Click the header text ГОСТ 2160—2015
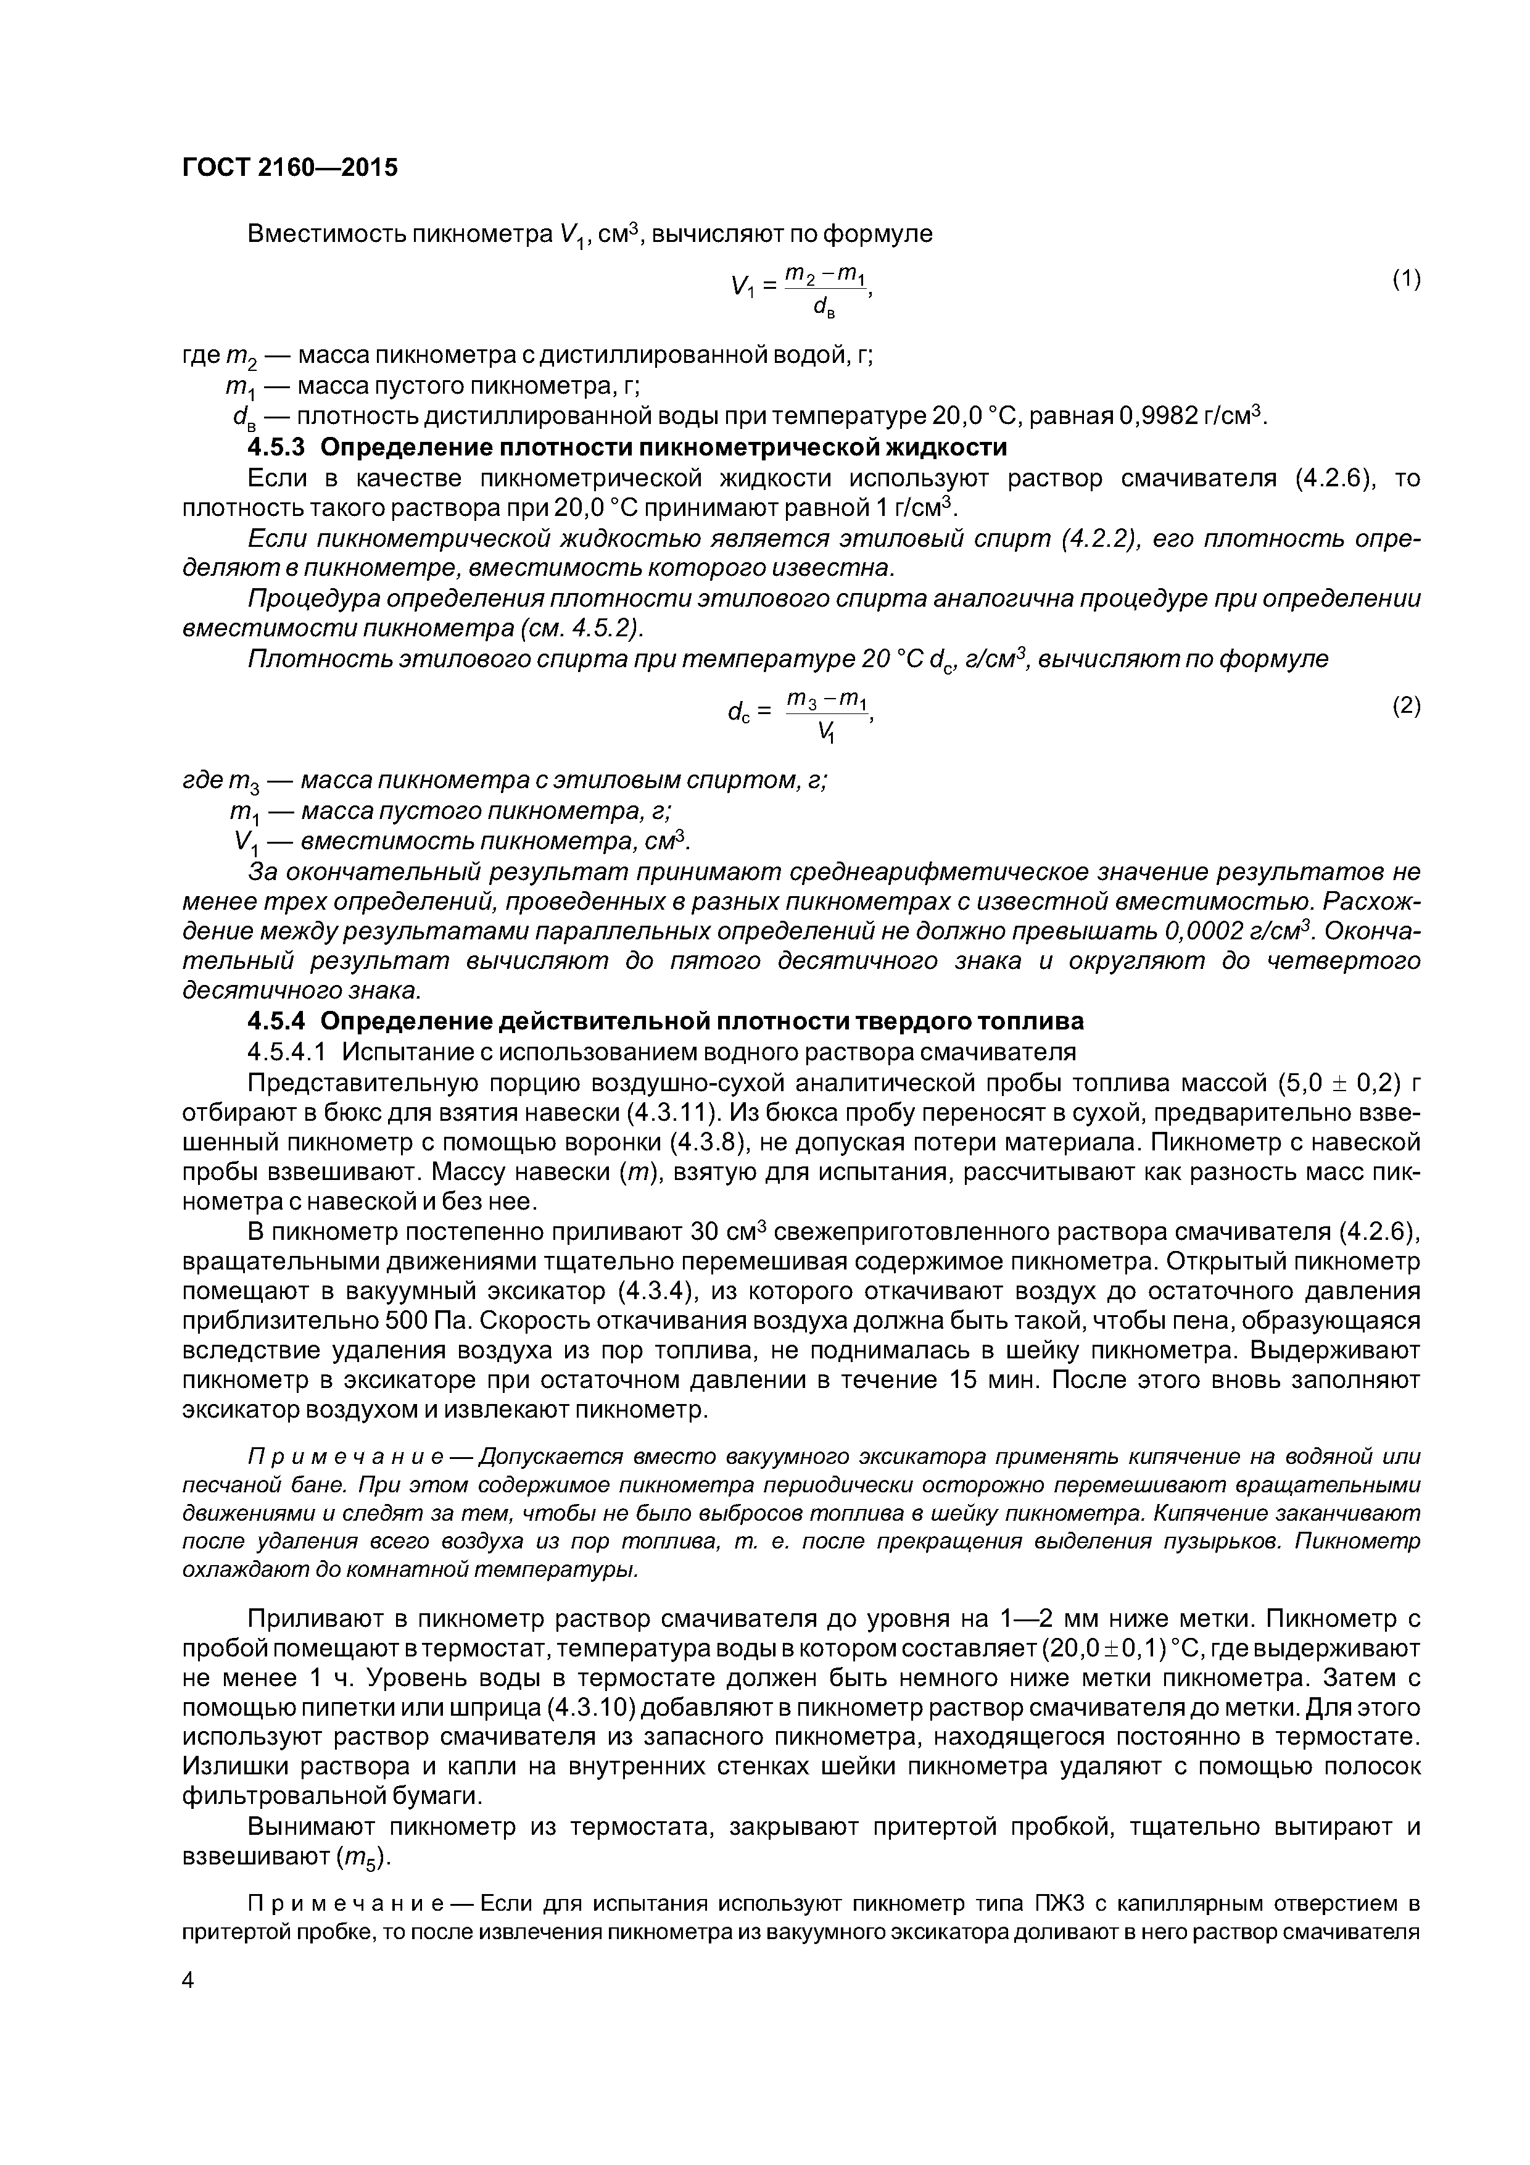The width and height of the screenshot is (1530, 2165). click(x=289, y=168)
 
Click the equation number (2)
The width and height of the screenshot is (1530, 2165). click(x=1405, y=705)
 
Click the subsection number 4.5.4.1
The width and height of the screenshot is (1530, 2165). click(x=289, y=1052)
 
